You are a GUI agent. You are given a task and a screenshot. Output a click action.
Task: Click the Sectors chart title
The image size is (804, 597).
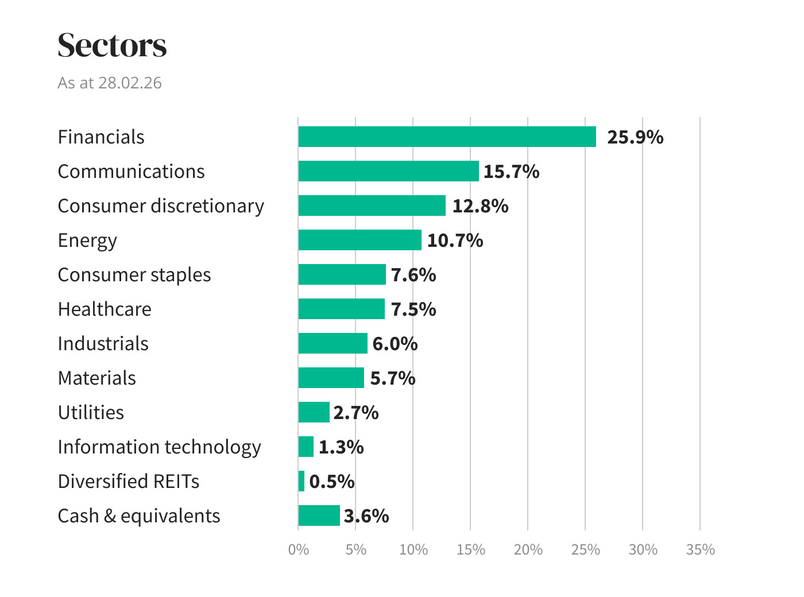pyautogui.click(x=112, y=45)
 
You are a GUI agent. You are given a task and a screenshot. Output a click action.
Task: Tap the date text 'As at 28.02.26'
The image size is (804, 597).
pyautogui.click(x=110, y=83)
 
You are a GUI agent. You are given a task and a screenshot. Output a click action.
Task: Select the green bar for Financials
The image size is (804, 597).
pyautogui.click(x=447, y=137)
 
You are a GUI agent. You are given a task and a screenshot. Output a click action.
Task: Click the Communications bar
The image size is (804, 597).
pyautogui.click(x=388, y=171)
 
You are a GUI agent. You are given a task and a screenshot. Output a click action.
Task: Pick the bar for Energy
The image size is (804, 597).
pyautogui.click(x=360, y=240)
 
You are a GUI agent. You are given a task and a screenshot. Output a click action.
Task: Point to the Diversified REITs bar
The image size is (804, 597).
pyautogui.click(x=301, y=481)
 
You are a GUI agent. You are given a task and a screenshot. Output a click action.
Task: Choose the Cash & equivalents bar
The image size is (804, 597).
pyautogui.click(x=319, y=515)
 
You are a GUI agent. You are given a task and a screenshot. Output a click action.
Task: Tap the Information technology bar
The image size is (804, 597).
pyautogui.click(x=306, y=447)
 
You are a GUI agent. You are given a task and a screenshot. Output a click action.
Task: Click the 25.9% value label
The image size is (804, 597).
pyautogui.click(x=635, y=137)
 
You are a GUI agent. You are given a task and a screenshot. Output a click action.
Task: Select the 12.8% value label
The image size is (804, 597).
pyautogui.click(x=480, y=206)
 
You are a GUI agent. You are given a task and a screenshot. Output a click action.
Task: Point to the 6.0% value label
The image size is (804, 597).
pyautogui.click(x=395, y=344)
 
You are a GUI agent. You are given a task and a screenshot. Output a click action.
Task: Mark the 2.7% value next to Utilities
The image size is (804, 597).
pyautogui.click(x=355, y=413)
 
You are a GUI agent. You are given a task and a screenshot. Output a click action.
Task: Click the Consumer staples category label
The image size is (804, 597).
pyautogui.click(x=134, y=274)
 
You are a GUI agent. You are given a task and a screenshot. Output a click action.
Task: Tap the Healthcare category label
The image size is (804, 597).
pyautogui.click(x=105, y=309)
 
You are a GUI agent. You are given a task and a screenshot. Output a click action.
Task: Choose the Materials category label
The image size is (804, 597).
pyautogui.click(x=97, y=378)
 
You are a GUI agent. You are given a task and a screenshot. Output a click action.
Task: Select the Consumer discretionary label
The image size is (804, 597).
pyautogui.click(x=161, y=206)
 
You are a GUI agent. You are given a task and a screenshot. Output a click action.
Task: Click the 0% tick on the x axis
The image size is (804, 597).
pyautogui.click(x=298, y=549)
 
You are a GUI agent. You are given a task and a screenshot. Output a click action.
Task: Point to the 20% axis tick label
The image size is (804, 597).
pyautogui.click(x=528, y=549)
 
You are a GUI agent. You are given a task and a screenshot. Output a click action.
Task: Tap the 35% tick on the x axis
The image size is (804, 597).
pyautogui.click(x=700, y=549)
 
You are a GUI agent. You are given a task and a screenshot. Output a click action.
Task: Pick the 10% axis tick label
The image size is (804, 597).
pyautogui.click(x=413, y=549)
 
